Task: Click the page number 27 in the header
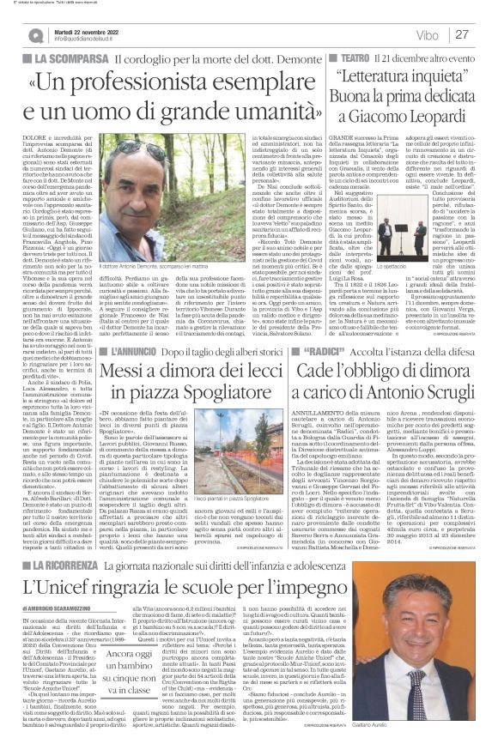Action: point(462,35)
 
